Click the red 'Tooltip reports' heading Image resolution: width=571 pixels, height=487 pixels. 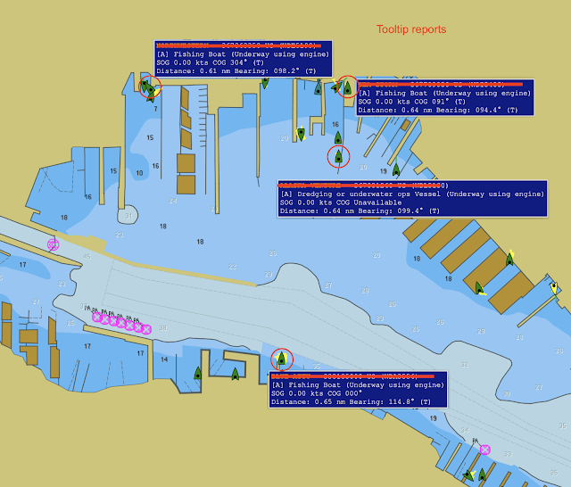coord(410,29)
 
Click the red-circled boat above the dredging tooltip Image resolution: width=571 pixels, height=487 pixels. coord(337,157)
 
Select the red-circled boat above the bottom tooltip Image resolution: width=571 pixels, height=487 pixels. coord(281,359)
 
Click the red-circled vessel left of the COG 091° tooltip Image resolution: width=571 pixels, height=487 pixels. coord(347,87)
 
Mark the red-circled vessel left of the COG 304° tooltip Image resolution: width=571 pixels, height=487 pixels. coord(148,87)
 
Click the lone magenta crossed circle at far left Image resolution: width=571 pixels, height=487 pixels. coord(54,243)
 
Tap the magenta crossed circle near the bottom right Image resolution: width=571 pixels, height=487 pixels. coord(484,450)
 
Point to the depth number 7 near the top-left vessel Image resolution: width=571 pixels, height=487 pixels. coord(154,110)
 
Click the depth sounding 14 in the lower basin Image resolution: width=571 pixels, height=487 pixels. coord(164,359)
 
